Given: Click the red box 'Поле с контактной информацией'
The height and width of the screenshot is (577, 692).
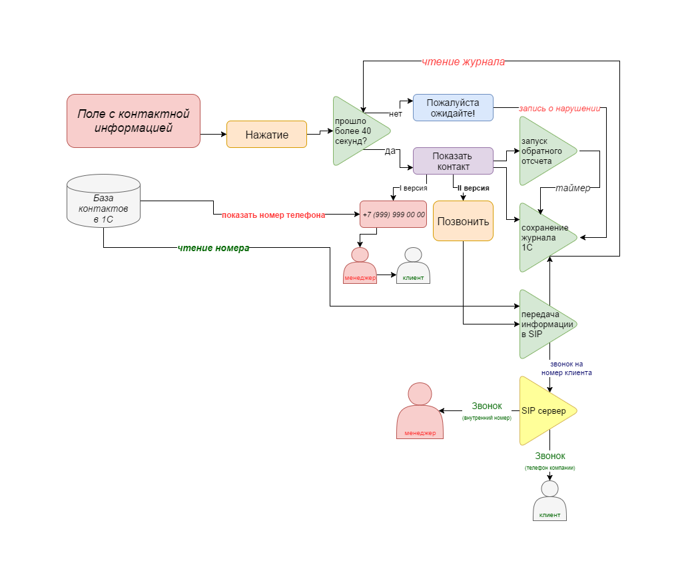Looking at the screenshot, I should coord(133,121).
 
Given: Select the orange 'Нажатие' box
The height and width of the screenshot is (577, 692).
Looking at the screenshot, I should coord(266,134).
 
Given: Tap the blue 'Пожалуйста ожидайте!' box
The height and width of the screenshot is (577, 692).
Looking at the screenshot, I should coord(453,107).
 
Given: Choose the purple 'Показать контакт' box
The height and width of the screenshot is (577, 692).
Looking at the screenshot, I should coord(453,161).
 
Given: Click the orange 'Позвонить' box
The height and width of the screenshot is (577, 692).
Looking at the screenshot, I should coord(463,221).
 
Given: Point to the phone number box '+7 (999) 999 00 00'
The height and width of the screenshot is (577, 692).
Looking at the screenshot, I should coord(394,215).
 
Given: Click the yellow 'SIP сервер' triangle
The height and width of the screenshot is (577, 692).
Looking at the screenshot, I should coord(543,411).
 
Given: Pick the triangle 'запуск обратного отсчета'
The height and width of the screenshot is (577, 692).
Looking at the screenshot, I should coord(542,151).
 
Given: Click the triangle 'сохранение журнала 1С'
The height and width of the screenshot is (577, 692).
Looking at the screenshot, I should coord(543,238).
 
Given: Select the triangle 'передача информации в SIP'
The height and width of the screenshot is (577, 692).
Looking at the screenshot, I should coord(543,324).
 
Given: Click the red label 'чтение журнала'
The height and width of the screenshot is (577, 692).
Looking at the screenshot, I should coord(463,62).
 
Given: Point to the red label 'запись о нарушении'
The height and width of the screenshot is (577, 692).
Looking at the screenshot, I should coord(559,108).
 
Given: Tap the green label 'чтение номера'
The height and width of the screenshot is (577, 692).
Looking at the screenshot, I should coord(213,248).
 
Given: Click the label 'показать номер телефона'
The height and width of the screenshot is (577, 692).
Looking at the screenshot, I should coord(274,215).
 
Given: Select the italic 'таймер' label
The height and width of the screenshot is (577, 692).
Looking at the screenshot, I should coord(573,189).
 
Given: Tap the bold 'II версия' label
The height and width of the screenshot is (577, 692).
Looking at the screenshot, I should coord(473,189).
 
